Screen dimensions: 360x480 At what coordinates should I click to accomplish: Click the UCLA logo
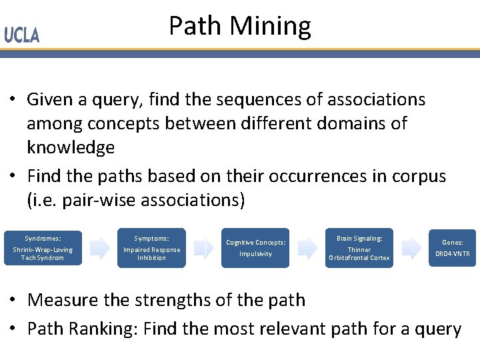[x=22, y=35]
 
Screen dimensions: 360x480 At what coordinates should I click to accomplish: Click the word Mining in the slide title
[x=271, y=27]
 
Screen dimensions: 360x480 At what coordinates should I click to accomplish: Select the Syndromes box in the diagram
[x=43, y=247]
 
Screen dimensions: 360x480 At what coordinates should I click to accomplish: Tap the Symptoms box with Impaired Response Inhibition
[x=151, y=247]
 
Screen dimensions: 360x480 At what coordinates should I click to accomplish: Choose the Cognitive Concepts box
[x=255, y=248]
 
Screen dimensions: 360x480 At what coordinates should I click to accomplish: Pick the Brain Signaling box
[x=359, y=247]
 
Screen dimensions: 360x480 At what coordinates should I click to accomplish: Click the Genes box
[x=453, y=248]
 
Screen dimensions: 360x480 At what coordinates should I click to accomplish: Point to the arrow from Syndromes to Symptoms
[x=99, y=248]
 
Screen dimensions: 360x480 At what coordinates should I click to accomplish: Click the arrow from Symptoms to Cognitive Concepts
[x=203, y=248]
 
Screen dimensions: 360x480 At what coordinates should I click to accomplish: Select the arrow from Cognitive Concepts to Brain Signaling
[x=307, y=248]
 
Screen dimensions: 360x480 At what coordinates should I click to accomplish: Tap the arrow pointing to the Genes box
[x=411, y=248]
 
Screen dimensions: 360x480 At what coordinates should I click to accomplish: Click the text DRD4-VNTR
[x=453, y=254]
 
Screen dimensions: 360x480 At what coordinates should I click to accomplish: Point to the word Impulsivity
[x=255, y=254]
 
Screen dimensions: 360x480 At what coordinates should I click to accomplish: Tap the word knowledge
[x=71, y=147]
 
